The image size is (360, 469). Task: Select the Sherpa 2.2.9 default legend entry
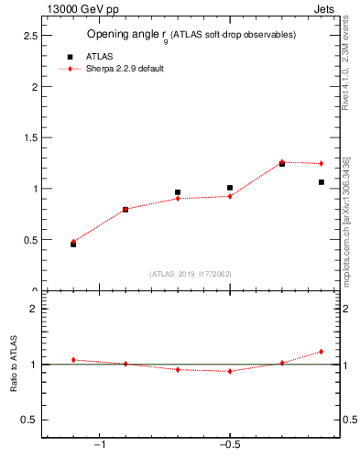pyautogui.click(x=125, y=69)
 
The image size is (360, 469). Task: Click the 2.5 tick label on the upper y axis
pyautogui.click(x=29, y=36)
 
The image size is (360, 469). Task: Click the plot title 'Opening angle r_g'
pyautogui.click(x=191, y=35)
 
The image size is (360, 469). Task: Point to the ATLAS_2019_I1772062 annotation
pyautogui.click(x=191, y=274)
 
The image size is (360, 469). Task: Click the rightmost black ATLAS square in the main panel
pyautogui.click(x=322, y=182)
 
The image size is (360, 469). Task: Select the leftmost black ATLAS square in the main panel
pyautogui.click(x=73, y=245)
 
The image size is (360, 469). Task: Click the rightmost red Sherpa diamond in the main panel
pyautogui.click(x=322, y=164)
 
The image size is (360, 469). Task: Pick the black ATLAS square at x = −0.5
pyautogui.click(x=230, y=188)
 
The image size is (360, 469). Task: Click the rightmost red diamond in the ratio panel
pyautogui.click(x=322, y=352)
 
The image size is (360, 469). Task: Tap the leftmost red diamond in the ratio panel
pyautogui.click(x=73, y=360)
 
